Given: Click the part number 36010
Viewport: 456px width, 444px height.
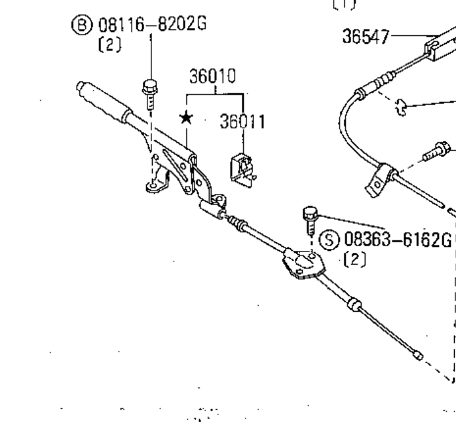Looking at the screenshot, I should click(212, 77).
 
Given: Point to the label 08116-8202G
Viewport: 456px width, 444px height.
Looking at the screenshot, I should click(152, 26).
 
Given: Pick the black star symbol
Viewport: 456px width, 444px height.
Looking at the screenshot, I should click(187, 118).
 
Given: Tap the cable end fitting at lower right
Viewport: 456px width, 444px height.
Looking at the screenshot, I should click(417, 356).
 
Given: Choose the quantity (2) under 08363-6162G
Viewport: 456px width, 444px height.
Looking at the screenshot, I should click(354, 259).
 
